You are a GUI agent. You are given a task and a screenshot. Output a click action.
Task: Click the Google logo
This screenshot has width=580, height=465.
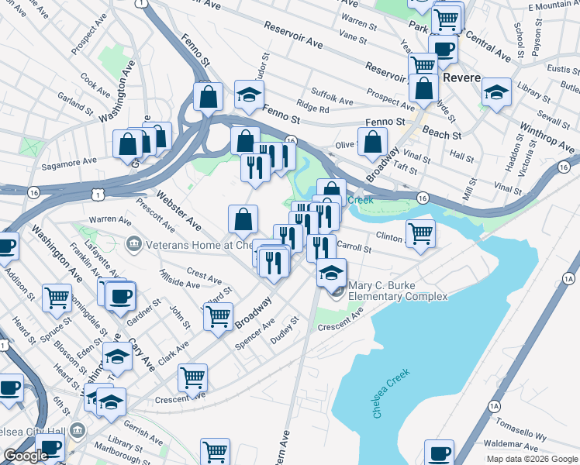coord(26,456)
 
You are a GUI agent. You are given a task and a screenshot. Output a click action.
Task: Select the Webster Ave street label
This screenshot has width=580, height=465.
coord(178,210)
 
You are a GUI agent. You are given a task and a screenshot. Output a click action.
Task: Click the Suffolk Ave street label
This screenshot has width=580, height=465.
coord(332,97)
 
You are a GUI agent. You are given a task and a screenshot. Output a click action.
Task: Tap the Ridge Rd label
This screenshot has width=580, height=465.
coord(312,108)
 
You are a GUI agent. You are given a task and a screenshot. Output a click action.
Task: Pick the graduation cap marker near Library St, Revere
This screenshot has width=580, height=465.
coord(496,93)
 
